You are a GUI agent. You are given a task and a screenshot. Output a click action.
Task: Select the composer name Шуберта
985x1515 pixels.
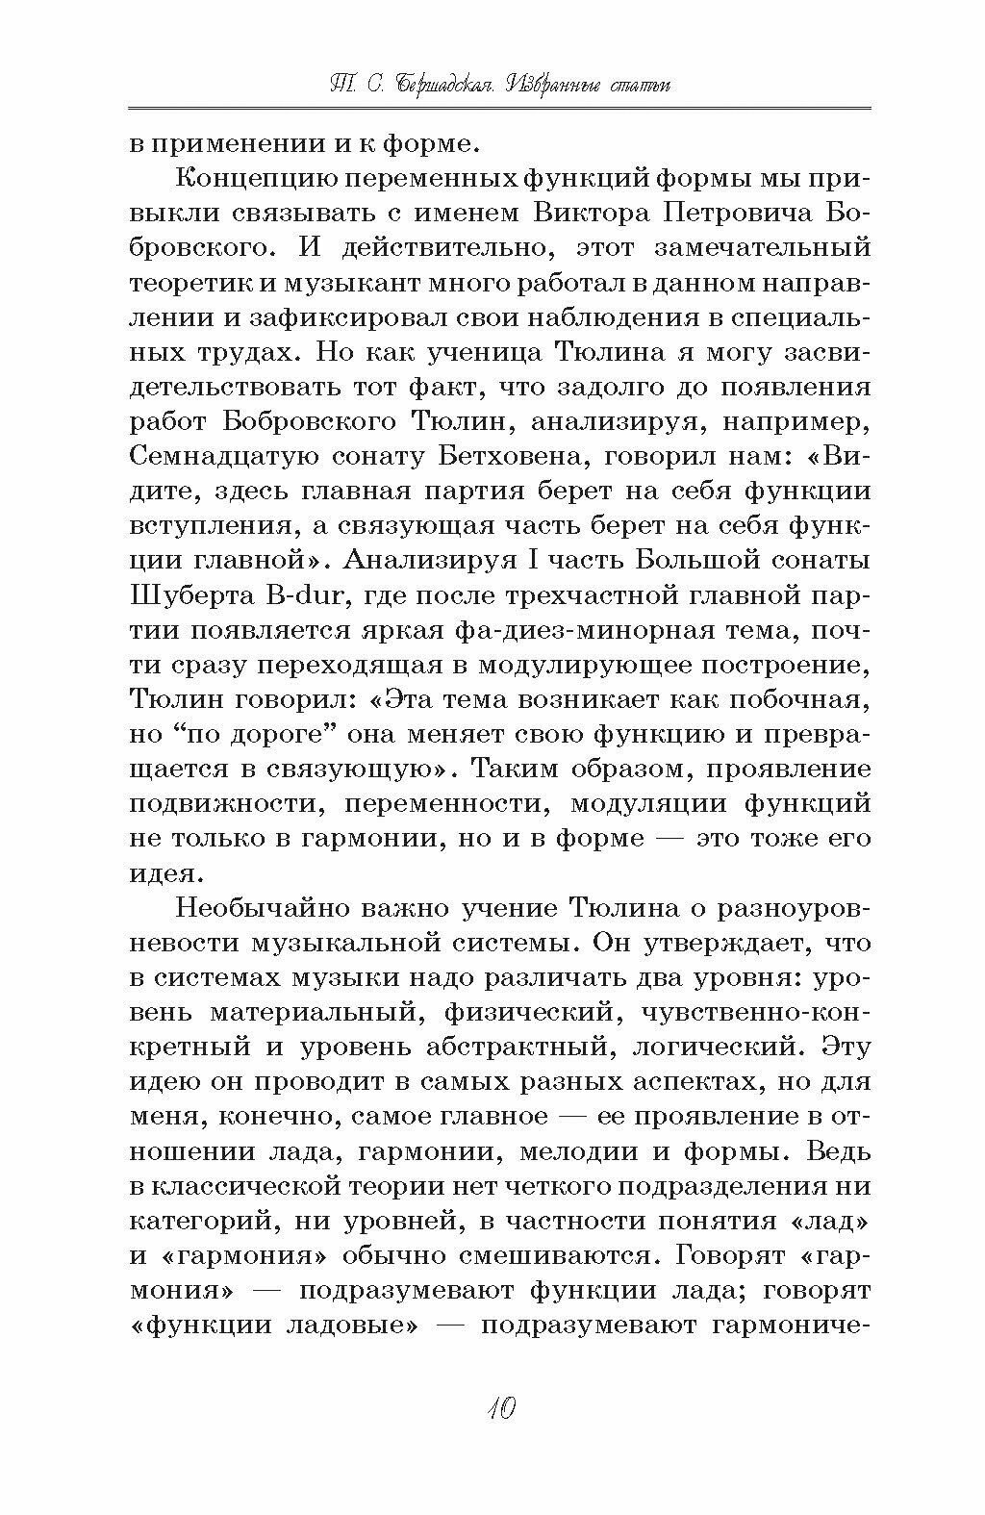coord(186,594)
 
